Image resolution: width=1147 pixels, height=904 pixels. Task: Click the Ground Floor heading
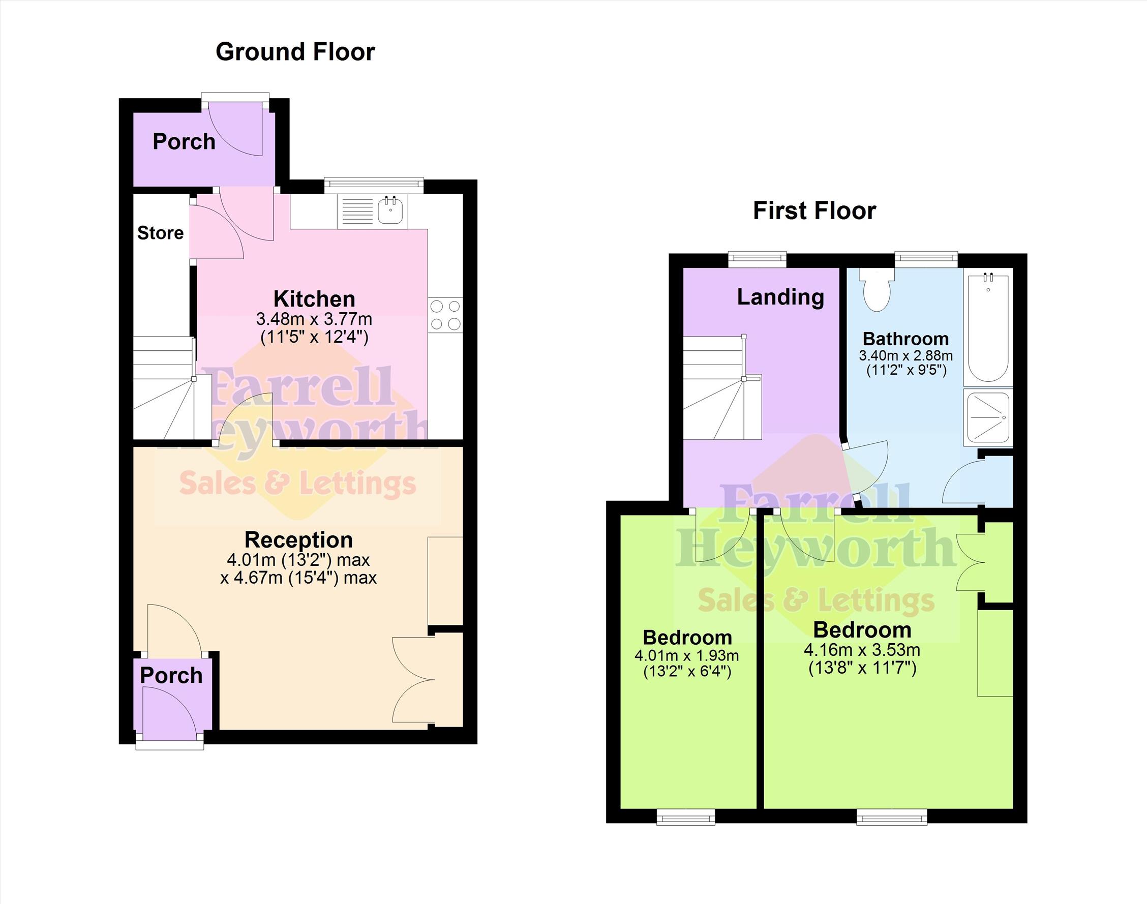click(x=295, y=52)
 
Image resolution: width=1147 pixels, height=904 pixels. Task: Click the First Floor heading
click(x=814, y=210)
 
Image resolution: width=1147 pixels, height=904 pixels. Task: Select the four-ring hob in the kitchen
click(x=445, y=315)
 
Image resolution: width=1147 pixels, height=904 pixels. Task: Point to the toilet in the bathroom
click(x=877, y=289)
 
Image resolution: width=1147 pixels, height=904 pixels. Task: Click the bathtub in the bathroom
click(x=988, y=326)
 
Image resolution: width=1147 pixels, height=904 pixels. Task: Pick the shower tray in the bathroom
click(x=988, y=417)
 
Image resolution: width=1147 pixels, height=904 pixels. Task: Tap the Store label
click(x=160, y=233)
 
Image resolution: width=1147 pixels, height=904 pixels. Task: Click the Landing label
click(x=780, y=297)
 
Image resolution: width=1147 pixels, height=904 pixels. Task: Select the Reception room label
click(x=298, y=540)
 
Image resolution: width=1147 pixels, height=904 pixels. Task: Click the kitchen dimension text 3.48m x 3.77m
click(x=314, y=319)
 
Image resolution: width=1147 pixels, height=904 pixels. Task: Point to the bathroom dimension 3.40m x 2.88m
click(x=905, y=355)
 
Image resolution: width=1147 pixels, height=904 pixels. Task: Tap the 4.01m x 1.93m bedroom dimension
click(x=686, y=655)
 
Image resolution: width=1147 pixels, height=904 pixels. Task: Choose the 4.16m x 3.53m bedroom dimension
click(x=862, y=649)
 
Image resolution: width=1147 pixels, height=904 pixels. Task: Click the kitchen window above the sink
click(x=374, y=184)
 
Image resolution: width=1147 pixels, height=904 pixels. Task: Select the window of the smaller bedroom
click(x=685, y=817)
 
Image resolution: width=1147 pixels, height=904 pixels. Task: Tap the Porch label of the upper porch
click(x=184, y=142)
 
